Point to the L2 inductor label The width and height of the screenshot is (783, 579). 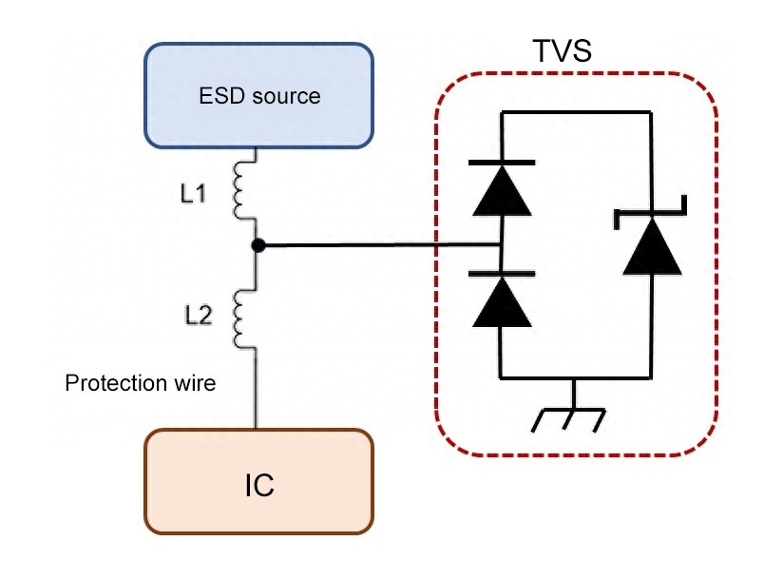198,317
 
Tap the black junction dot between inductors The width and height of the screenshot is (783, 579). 258,245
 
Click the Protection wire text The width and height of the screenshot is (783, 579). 140,384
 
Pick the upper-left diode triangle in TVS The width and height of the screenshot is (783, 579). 501,192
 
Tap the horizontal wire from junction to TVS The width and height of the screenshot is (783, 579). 380,246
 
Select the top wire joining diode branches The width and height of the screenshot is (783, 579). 576,111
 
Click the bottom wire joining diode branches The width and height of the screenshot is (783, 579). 576,377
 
